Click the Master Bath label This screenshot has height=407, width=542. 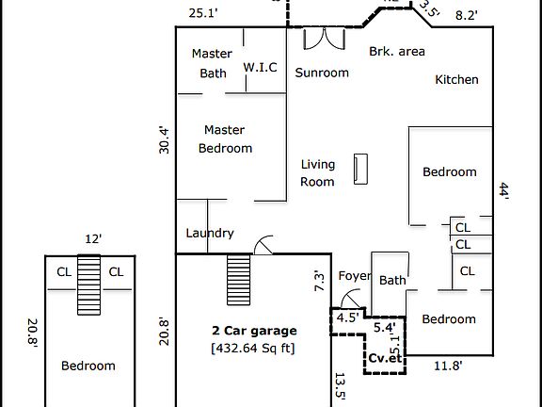point(212,63)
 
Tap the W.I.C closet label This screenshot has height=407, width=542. point(260,67)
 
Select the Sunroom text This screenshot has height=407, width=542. point(322,73)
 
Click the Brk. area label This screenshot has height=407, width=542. point(396,51)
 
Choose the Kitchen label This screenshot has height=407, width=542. point(456,80)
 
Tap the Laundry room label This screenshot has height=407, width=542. point(210,233)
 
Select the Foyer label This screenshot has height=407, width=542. point(354,276)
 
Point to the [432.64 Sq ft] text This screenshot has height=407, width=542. point(253,349)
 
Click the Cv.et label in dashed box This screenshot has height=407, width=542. point(385,358)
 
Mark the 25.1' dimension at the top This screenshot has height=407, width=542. point(203,13)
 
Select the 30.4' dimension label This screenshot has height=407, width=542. point(165,139)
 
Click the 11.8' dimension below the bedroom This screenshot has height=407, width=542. point(447,366)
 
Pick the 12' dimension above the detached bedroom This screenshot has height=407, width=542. point(91,239)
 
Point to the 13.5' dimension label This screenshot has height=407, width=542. point(340,387)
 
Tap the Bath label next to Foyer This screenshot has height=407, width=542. point(392,280)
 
